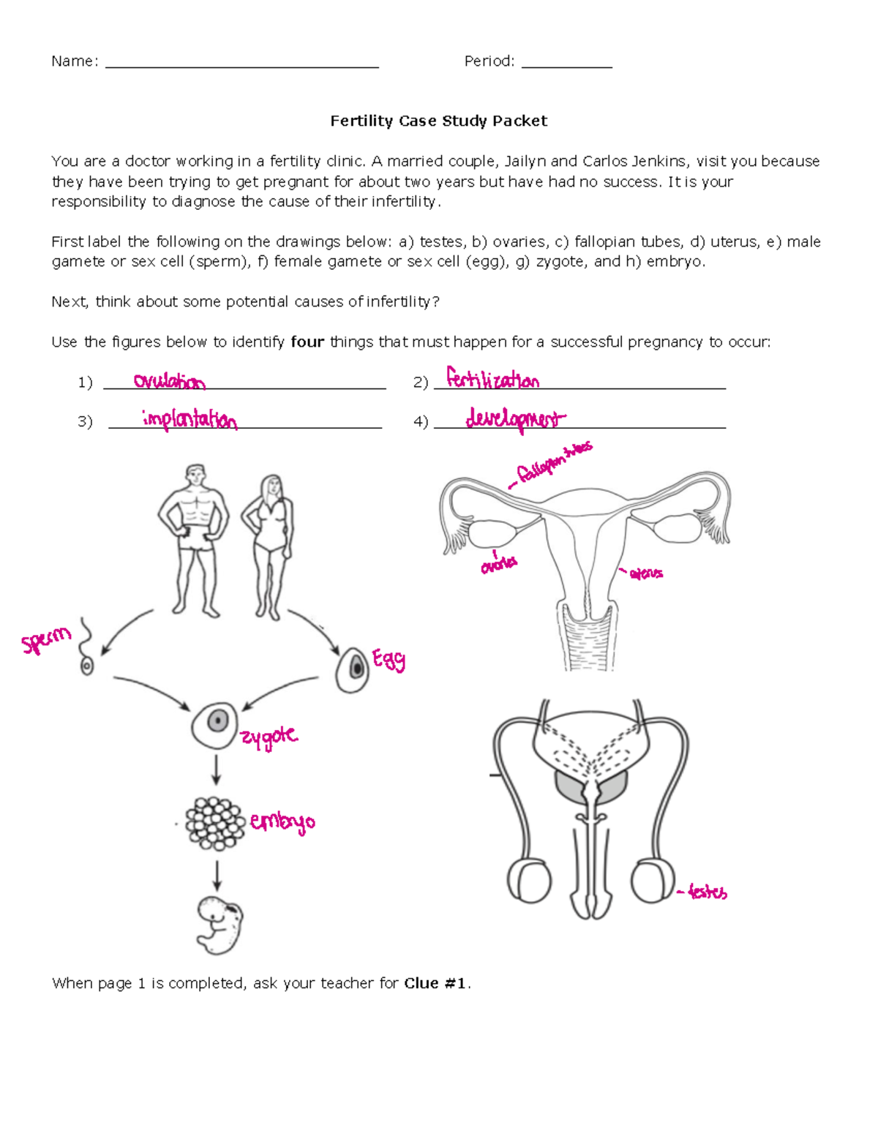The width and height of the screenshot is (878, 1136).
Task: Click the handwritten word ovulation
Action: pyautogui.click(x=169, y=381)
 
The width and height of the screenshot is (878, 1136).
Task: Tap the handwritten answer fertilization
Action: pyautogui.click(x=492, y=380)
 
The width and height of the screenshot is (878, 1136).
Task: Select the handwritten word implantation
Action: pyautogui.click(x=190, y=419)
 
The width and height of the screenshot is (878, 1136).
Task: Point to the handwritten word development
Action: pyautogui.click(x=515, y=419)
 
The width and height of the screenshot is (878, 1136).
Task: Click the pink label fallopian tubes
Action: pyautogui.click(x=554, y=463)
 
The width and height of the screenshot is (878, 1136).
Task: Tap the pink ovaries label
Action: pyautogui.click(x=498, y=564)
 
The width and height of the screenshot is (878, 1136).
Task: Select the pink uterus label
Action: pyautogui.click(x=646, y=573)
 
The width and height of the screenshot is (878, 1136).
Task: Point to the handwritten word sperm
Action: pyautogui.click(x=46, y=640)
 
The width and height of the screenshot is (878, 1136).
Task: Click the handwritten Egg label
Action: pyautogui.click(x=389, y=660)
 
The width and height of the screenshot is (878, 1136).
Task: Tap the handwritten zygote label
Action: pyautogui.click(x=269, y=737)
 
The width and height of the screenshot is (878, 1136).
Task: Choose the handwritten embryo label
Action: pyautogui.click(x=282, y=822)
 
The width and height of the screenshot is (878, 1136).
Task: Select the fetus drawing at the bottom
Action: pyautogui.click(x=219, y=925)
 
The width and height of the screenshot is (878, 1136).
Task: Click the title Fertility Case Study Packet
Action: pyautogui.click(x=438, y=121)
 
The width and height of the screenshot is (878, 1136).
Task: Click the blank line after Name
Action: pyautogui.click(x=241, y=62)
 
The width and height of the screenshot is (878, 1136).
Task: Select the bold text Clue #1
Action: pyautogui.click(x=435, y=983)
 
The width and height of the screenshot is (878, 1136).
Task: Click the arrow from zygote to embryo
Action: pyautogui.click(x=216, y=770)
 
